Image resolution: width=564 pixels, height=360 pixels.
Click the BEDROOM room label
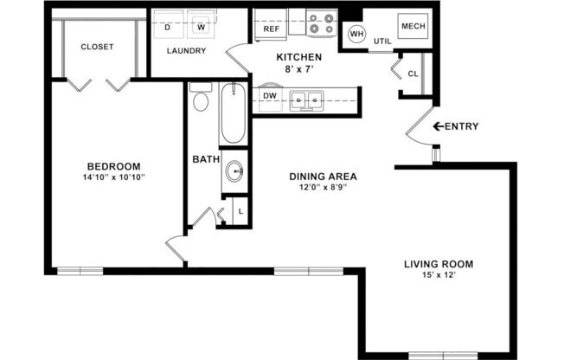click(x=113, y=166)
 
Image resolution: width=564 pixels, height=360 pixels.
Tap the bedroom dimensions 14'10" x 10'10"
click(x=113, y=177)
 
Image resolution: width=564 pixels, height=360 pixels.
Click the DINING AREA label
click(x=323, y=177)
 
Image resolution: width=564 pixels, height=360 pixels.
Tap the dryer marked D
click(x=167, y=27)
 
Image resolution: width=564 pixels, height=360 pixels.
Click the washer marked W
click(x=201, y=27)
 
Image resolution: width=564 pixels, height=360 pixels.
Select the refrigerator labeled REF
click(x=270, y=28)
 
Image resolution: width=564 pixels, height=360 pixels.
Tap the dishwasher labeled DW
click(x=269, y=96)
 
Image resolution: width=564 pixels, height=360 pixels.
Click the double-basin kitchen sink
click(x=306, y=100)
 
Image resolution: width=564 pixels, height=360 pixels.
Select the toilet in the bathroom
click(x=201, y=99)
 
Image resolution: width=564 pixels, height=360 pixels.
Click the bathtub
click(x=234, y=114)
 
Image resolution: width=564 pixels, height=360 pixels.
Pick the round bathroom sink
click(x=234, y=171)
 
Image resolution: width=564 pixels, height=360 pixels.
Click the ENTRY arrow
click(x=439, y=127)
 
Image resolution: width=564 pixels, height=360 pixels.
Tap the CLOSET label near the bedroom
click(x=97, y=47)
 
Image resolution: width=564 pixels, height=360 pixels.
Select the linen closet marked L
click(x=240, y=211)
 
